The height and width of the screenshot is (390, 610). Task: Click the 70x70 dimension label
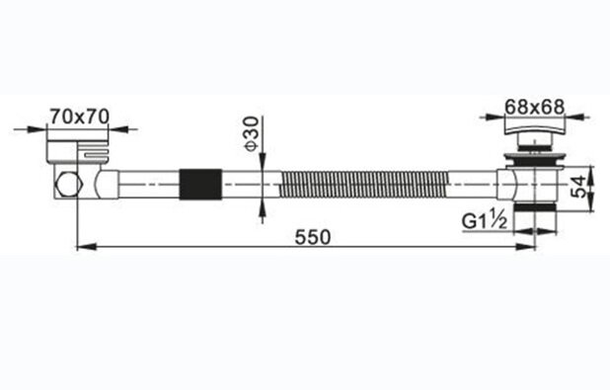(x=80, y=116)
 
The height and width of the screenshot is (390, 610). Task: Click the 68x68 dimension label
(x=534, y=107)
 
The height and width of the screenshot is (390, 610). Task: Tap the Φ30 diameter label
(x=252, y=133)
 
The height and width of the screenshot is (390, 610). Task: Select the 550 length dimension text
(x=313, y=237)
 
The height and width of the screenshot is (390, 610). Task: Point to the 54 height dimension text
(x=579, y=187)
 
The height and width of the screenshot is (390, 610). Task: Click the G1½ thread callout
(x=485, y=221)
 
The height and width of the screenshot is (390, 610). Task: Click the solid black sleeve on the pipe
(x=200, y=185)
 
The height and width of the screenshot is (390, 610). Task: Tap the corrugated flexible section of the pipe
(x=365, y=185)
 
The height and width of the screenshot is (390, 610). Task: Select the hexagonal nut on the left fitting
(x=69, y=184)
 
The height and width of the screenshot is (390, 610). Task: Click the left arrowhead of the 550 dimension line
(x=86, y=246)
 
